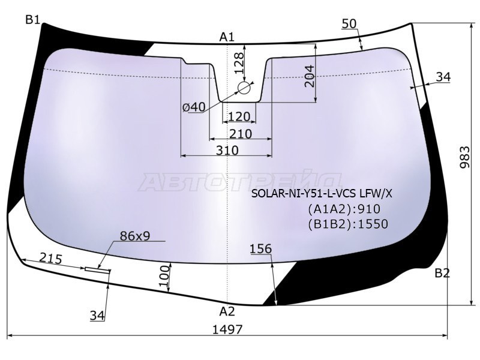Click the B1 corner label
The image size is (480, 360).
(x=33, y=20)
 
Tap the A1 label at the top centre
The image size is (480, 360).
(x=227, y=37)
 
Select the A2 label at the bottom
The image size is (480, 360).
(x=227, y=311)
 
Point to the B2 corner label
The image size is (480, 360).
(x=442, y=273)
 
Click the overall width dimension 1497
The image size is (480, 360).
(x=227, y=329)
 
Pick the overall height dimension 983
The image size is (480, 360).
(x=464, y=157)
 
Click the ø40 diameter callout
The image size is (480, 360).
(x=194, y=107)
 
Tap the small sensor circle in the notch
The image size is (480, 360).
(x=244, y=88)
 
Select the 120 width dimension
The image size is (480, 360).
(x=239, y=116)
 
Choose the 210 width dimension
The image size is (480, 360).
(x=241, y=134)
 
